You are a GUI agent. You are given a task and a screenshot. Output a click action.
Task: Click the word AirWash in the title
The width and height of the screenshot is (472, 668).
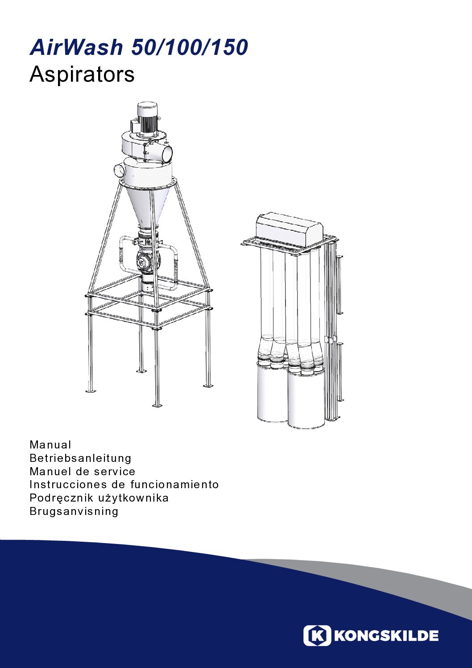[76, 47]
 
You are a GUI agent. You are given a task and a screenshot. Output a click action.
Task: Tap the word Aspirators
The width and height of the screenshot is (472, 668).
[82, 75]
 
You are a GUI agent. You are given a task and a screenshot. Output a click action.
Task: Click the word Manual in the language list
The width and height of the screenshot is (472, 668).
[50, 444]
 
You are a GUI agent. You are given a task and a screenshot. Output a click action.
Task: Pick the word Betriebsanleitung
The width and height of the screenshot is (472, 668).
[80, 458]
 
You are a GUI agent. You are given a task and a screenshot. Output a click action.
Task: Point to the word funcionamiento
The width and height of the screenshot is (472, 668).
[174, 485]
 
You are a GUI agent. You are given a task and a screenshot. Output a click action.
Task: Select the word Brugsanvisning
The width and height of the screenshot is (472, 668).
[74, 512]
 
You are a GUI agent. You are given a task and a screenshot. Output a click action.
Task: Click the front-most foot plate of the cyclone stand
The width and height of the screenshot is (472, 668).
[157, 405]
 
